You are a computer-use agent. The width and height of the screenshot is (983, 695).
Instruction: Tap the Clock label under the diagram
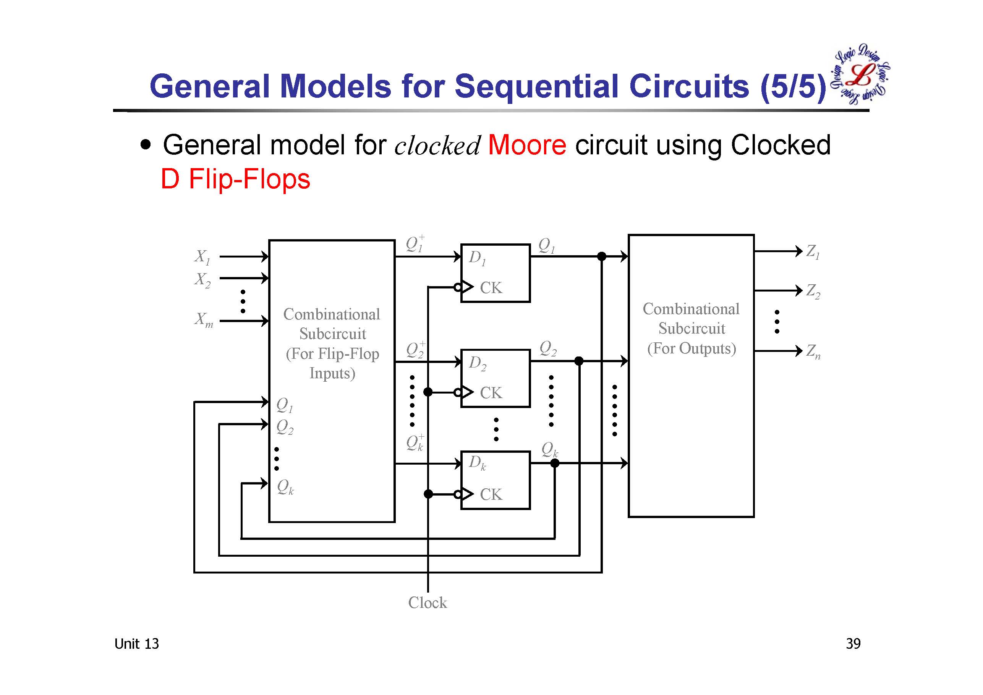pos(427,603)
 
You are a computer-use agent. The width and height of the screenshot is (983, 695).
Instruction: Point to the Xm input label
pos(203,319)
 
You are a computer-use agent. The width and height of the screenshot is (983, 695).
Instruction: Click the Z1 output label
pos(813,251)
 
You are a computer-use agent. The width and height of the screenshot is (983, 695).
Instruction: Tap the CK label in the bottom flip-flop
pos(491,494)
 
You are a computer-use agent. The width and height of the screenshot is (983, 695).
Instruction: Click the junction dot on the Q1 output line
pos(602,256)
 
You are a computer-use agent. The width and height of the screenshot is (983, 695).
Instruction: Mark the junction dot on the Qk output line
pos(554,463)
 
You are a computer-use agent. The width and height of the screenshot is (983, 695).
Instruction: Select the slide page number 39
pos(853,644)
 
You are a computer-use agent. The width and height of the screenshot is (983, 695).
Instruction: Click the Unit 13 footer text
pos(136,644)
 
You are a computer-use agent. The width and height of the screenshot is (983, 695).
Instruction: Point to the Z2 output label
pos(813,291)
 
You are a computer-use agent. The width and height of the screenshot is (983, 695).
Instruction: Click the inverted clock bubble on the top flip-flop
pos(458,287)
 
